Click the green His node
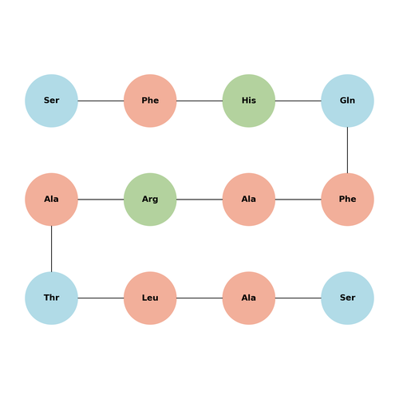pyautogui.click(x=249, y=101)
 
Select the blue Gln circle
pyautogui.click(x=347, y=101)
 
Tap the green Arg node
pyautogui.click(x=150, y=199)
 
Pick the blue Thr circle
pyautogui.click(x=51, y=298)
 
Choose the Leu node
pyautogui.click(x=150, y=298)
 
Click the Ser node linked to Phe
pyautogui.click(x=51, y=101)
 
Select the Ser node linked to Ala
pyautogui.click(x=347, y=298)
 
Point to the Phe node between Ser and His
pyautogui.click(x=150, y=101)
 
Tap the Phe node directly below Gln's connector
pyautogui.click(x=347, y=199)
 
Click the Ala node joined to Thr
pyautogui.click(x=51, y=199)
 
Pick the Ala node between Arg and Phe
pyautogui.click(x=249, y=199)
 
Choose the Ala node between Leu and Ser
pyautogui.click(x=249, y=298)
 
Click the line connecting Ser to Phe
pyautogui.click(x=101, y=101)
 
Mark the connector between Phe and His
pyautogui.click(x=199, y=101)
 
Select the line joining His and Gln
pyautogui.click(x=298, y=101)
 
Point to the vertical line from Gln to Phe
pyautogui.click(x=347, y=150)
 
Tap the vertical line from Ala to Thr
pyautogui.click(x=51, y=249)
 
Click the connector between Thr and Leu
pyautogui.click(x=101, y=298)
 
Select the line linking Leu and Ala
pyautogui.click(x=199, y=298)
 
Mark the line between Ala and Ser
pyautogui.click(x=298, y=298)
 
